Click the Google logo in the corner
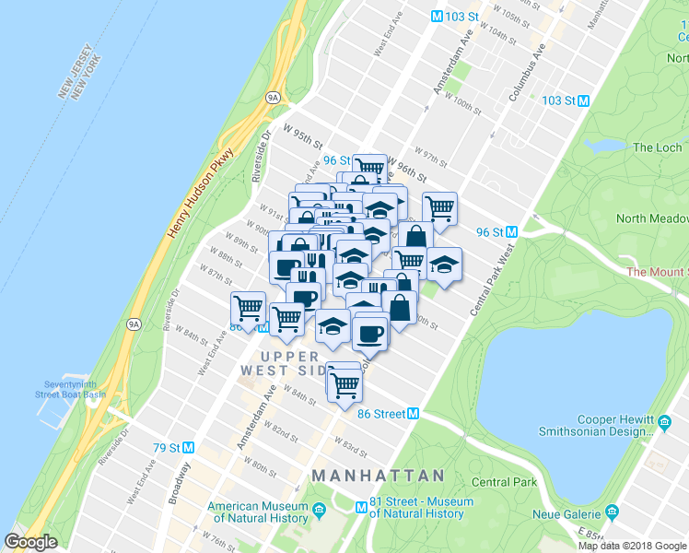pyautogui.click(x=31, y=542)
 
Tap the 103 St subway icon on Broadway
pyautogui.click(x=437, y=17)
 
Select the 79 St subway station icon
pyautogui.click(x=188, y=447)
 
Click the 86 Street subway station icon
pyautogui.click(x=414, y=414)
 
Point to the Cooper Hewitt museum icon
pyautogui.click(x=665, y=423)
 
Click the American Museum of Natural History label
pyautogui.click(x=258, y=512)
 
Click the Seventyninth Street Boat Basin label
pyautogui.click(x=74, y=389)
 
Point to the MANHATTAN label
pyautogui.click(x=378, y=476)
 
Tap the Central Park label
pyautogui.click(x=504, y=482)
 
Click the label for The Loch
pyautogui.click(x=658, y=147)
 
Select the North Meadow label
pyautogui.click(x=654, y=218)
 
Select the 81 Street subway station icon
pyautogui.click(x=362, y=506)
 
